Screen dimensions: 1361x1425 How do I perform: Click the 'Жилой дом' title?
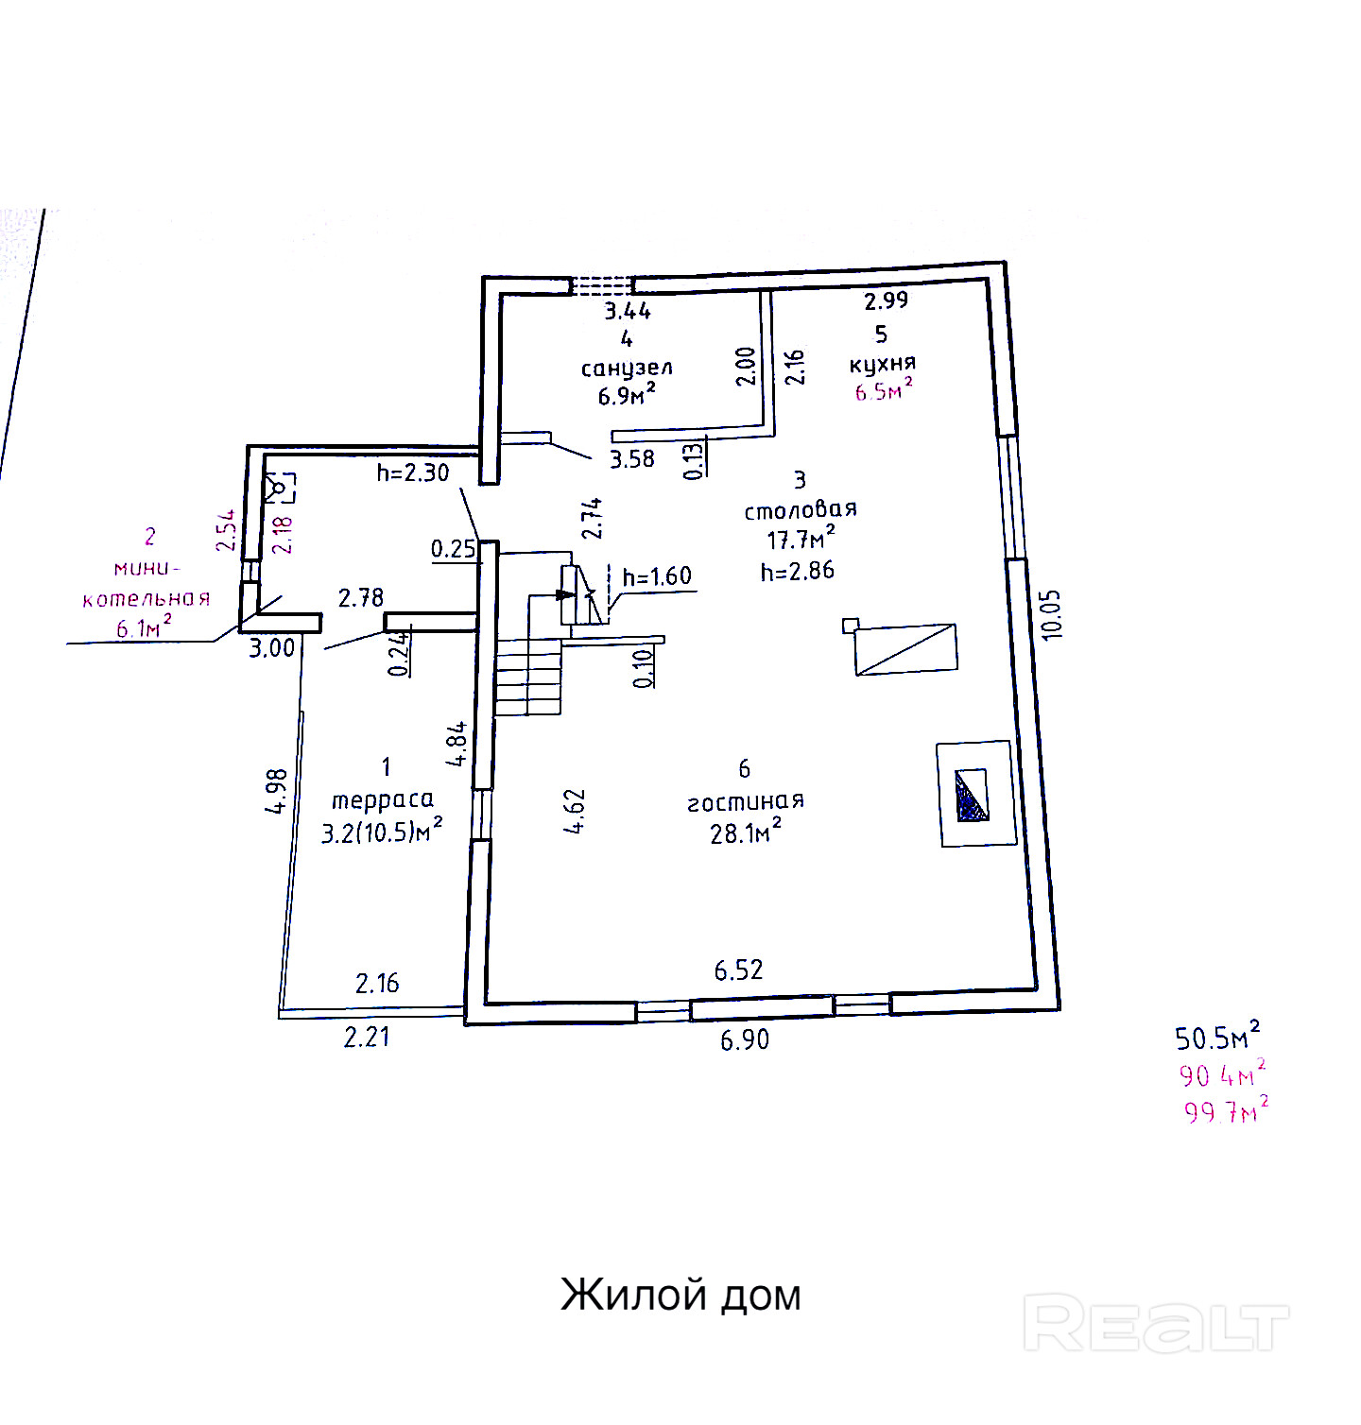(680, 1294)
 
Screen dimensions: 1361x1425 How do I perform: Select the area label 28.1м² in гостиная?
(746, 833)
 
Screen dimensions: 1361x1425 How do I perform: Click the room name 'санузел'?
(627, 368)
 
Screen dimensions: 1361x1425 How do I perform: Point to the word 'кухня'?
(883, 364)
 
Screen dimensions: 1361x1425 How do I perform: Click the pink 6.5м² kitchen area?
(884, 390)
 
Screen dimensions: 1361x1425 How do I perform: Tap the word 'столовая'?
(800, 510)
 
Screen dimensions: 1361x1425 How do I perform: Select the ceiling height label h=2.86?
(798, 571)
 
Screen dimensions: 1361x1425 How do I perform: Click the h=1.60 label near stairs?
(657, 576)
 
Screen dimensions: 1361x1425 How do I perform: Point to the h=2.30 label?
(413, 472)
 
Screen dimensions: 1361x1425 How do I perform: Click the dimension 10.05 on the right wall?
(1052, 615)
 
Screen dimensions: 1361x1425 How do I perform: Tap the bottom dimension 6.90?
(745, 1040)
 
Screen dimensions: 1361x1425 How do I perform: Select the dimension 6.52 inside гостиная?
(738, 970)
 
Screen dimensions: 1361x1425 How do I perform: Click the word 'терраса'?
(383, 800)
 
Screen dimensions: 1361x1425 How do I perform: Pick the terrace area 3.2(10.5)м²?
(382, 833)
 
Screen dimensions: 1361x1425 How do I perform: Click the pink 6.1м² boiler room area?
(144, 627)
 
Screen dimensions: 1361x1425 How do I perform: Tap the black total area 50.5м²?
(1217, 1038)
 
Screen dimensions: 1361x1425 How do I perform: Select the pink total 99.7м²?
(1226, 1110)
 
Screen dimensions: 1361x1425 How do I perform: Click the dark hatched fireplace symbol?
(973, 795)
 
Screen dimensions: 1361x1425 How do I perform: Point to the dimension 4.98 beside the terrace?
(276, 791)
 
